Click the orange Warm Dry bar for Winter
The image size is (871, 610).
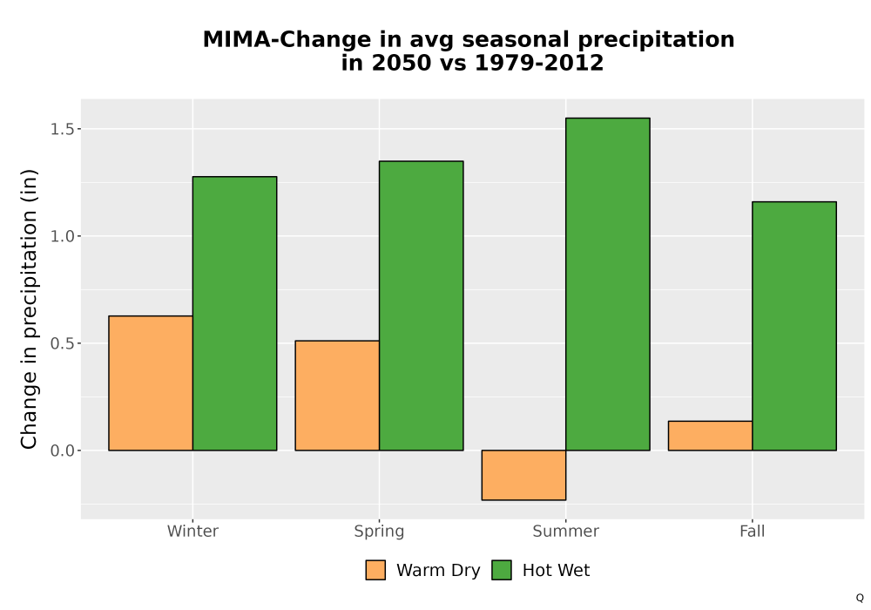click(x=151, y=383)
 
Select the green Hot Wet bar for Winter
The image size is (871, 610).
click(x=235, y=314)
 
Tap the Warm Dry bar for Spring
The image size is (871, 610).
click(x=337, y=396)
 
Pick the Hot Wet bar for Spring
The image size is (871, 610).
click(x=421, y=306)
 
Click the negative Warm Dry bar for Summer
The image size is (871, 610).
click(x=523, y=475)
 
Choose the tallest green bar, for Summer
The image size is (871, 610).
click(x=608, y=284)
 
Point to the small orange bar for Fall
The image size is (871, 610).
click(x=711, y=436)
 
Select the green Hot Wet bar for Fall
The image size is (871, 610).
click(x=794, y=326)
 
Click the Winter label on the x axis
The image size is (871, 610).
click(x=192, y=531)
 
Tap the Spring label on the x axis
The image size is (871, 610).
click(x=380, y=532)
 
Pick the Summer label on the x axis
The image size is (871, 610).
click(x=566, y=531)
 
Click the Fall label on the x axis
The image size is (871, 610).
click(x=753, y=531)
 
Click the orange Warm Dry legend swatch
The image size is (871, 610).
click(x=375, y=570)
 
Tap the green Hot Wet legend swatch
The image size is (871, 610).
click(x=502, y=570)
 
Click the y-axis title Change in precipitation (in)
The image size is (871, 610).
click(x=29, y=308)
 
